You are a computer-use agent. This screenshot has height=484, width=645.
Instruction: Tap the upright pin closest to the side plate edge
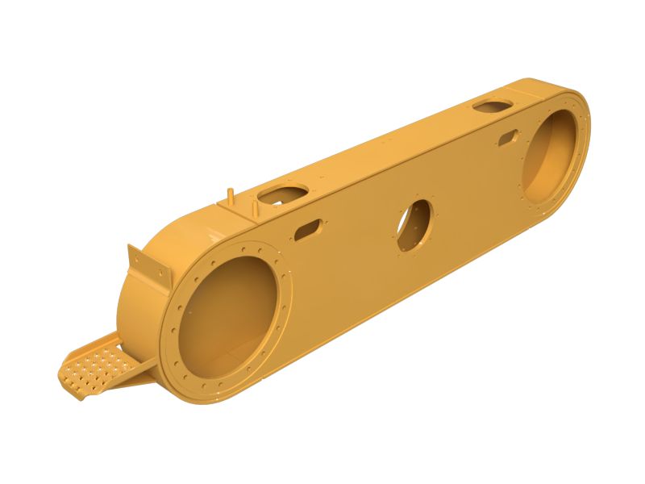tap(256, 208)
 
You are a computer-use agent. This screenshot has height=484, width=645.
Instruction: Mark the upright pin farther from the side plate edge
tap(231, 195)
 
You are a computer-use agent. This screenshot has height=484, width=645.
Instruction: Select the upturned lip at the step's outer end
tap(66, 376)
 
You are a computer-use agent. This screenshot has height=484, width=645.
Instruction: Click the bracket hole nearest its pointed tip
tap(133, 255)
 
